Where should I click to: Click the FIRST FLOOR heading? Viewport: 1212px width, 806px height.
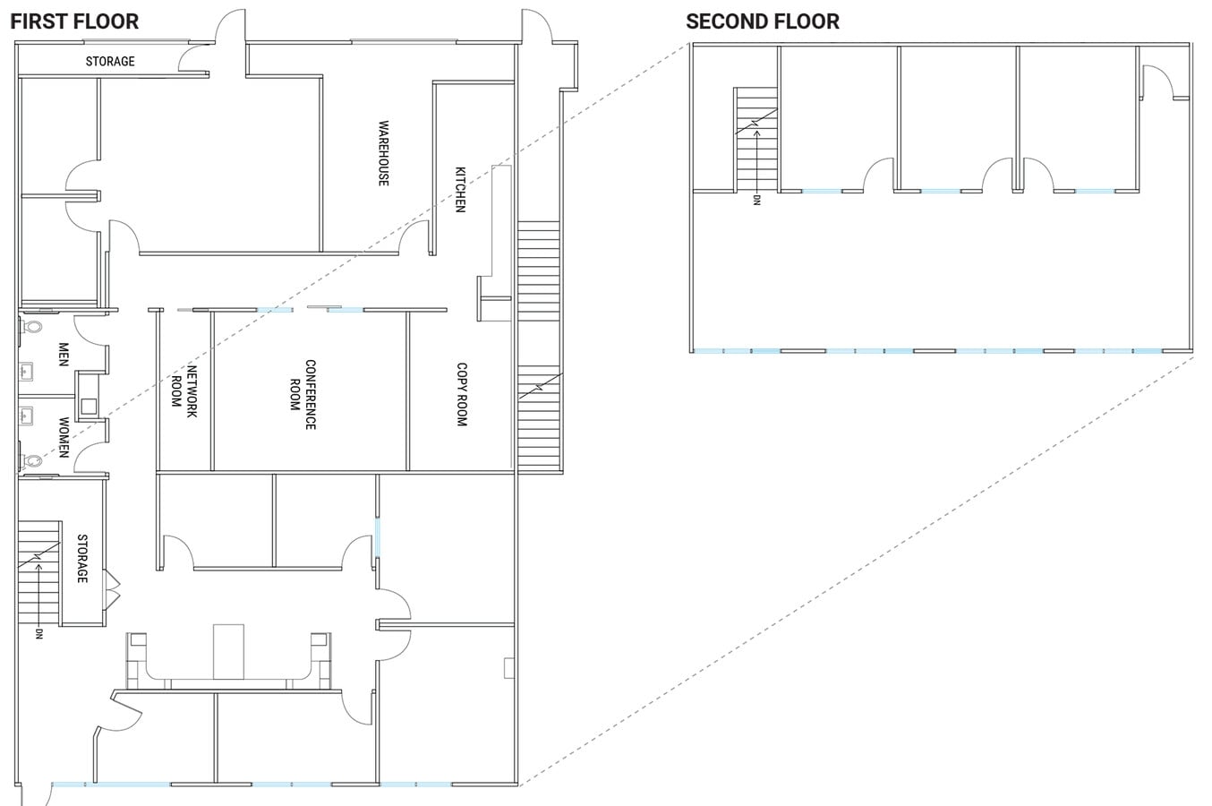(x=75, y=21)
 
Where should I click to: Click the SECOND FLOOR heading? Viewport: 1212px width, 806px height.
(x=763, y=21)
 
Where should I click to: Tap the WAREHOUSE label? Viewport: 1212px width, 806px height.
(x=384, y=153)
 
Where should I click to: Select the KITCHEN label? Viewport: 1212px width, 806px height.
(x=460, y=189)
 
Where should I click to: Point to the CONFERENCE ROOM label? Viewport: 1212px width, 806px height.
(x=303, y=394)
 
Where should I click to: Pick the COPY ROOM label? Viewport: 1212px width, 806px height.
(x=462, y=394)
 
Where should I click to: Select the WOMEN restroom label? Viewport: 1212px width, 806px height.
(x=64, y=437)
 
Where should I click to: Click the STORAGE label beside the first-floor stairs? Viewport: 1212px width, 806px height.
(x=82, y=559)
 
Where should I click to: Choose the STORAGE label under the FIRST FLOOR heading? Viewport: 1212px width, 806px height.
(x=110, y=62)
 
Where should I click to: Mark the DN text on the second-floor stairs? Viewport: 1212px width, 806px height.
(x=756, y=200)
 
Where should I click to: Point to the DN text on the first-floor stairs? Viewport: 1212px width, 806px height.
(x=39, y=633)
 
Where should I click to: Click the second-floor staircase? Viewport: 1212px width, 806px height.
(x=755, y=139)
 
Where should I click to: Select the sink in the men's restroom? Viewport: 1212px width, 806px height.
(x=25, y=370)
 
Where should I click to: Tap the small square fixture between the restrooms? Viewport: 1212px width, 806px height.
(x=89, y=406)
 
